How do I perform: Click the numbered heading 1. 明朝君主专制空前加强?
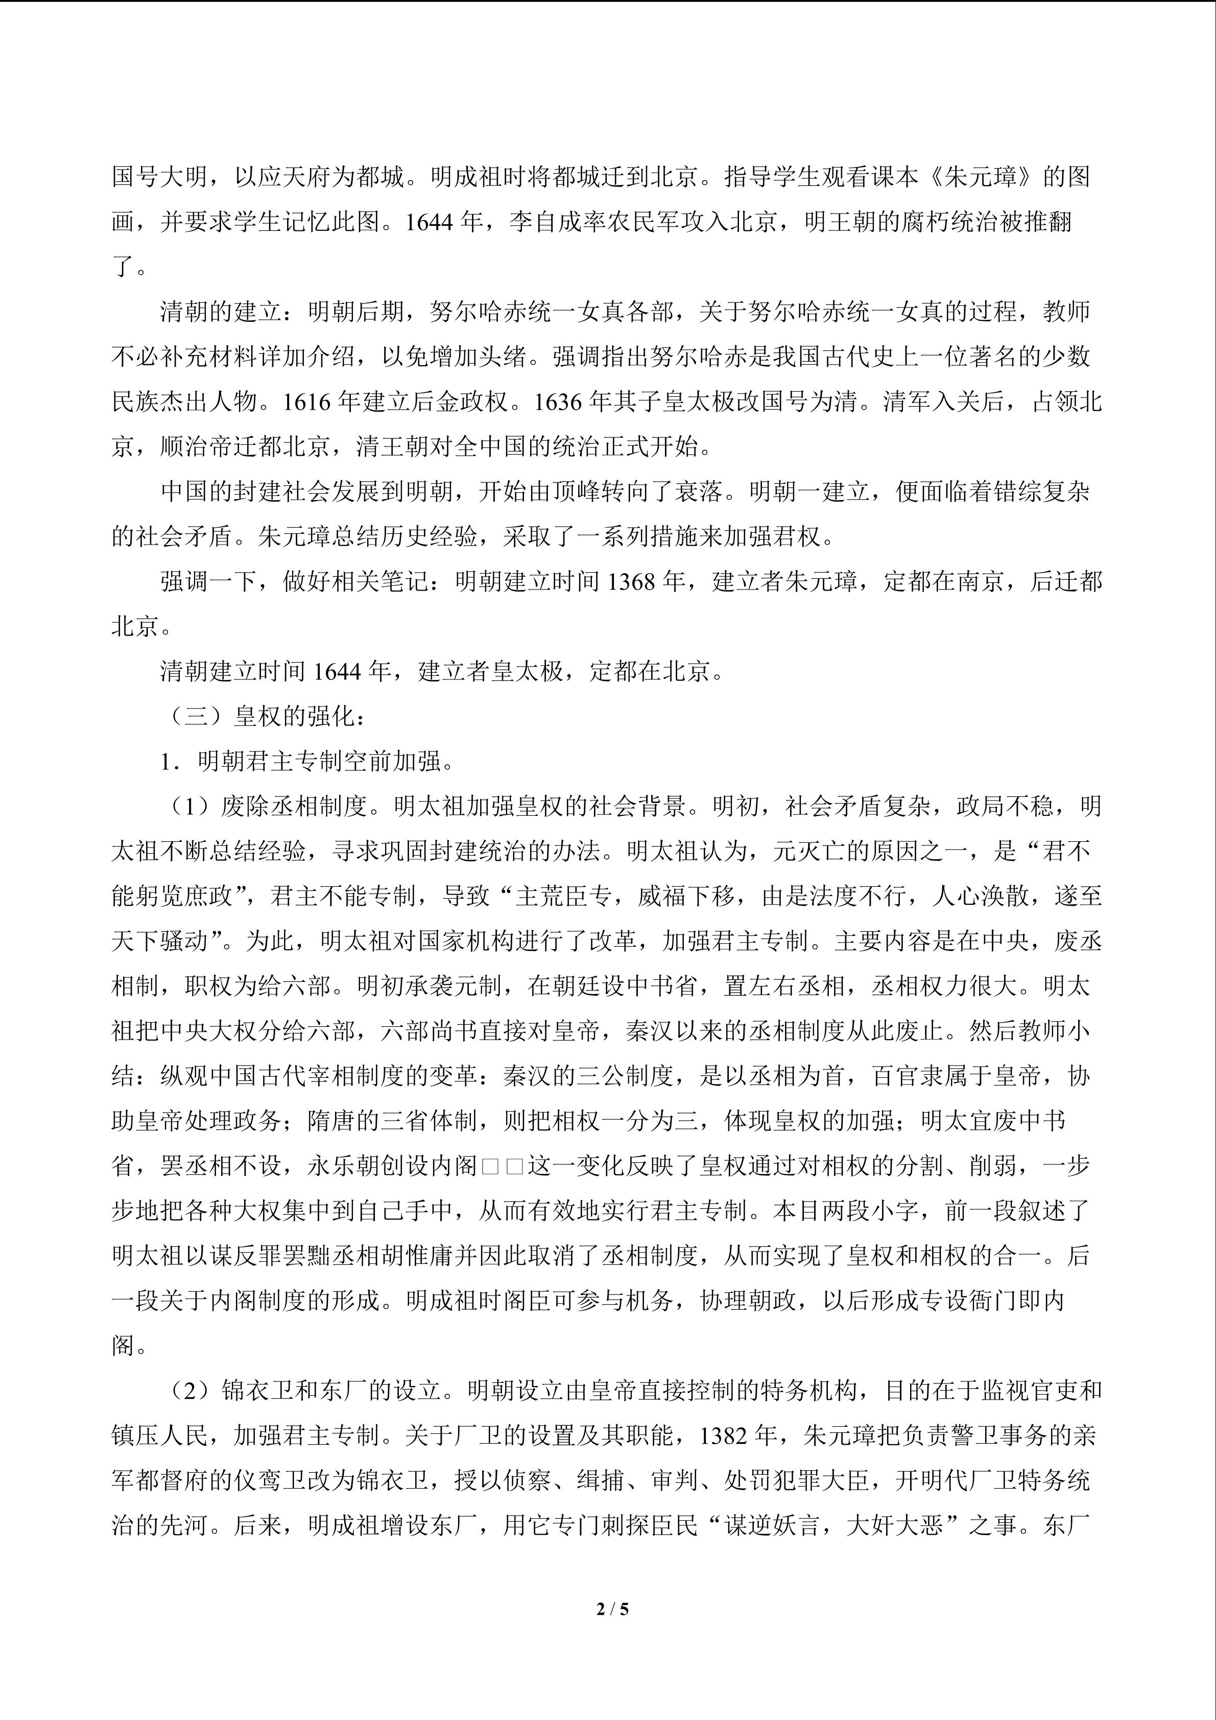pos(307,762)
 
